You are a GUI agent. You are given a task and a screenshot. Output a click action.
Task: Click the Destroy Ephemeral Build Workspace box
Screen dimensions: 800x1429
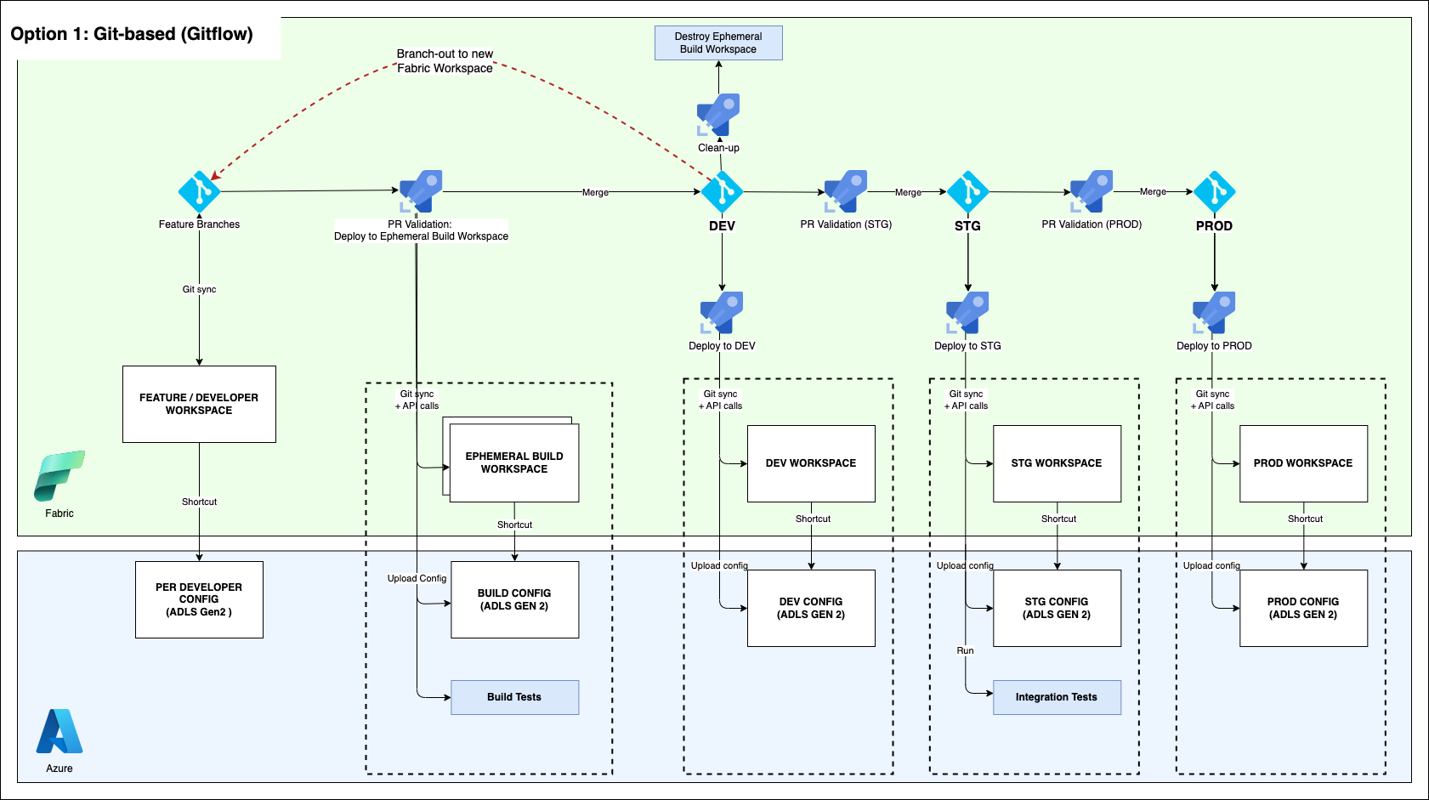pyautogui.click(x=718, y=43)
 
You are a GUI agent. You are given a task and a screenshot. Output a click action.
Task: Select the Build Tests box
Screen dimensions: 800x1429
pyautogui.click(x=514, y=697)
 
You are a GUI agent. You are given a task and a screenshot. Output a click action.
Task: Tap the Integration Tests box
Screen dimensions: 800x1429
pyautogui.click(x=1057, y=697)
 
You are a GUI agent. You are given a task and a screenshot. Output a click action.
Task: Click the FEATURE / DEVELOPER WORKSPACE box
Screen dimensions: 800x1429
pyautogui.click(x=199, y=404)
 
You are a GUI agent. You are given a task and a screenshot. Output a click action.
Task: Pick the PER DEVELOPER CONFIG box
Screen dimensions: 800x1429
pyautogui.click(x=199, y=599)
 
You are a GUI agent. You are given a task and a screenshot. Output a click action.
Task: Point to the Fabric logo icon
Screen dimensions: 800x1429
pyautogui.click(x=60, y=476)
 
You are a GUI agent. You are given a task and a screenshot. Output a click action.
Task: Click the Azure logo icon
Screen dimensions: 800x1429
pyautogui.click(x=60, y=732)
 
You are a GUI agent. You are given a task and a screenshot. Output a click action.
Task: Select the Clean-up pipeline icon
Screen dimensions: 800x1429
pyautogui.click(x=718, y=115)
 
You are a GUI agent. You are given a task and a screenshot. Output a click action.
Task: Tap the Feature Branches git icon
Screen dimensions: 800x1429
pyautogui.click(x=199, y=192)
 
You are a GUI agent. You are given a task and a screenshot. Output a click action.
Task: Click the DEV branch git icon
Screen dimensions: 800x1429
pyautogui.click(x=722, y=192)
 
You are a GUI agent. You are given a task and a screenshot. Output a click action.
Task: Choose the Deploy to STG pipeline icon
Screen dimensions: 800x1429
pyautogui.click(x=967, y=314)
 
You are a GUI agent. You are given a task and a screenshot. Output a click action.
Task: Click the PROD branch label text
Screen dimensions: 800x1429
pyautogui.click(x=1214, y=226)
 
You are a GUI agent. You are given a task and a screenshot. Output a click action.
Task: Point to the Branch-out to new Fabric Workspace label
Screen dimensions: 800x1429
pyautogui.click(x=445, y=61)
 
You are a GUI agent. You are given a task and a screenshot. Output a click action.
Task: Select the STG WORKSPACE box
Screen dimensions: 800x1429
pyautogui.click(x=1057, y=463)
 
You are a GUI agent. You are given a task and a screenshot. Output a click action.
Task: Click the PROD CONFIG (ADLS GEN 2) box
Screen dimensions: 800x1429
pyautogui.click(x=1303, y=608)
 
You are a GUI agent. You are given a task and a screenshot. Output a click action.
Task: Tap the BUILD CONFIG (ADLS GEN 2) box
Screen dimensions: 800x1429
pyautogui.click(x=514, y=599)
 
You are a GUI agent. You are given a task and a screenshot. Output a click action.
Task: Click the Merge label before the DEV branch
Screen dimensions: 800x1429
pyautogui.click(x=595, y=193)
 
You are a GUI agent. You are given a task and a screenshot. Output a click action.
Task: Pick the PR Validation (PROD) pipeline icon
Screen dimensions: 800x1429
pyautogui.click(x=1092, y=192)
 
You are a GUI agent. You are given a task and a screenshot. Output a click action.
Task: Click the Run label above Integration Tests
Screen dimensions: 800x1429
pyautogui.click(x=965, y=651)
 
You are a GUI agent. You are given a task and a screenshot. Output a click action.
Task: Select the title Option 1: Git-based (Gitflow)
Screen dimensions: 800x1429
pyautogui.click(x=132, y=34)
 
